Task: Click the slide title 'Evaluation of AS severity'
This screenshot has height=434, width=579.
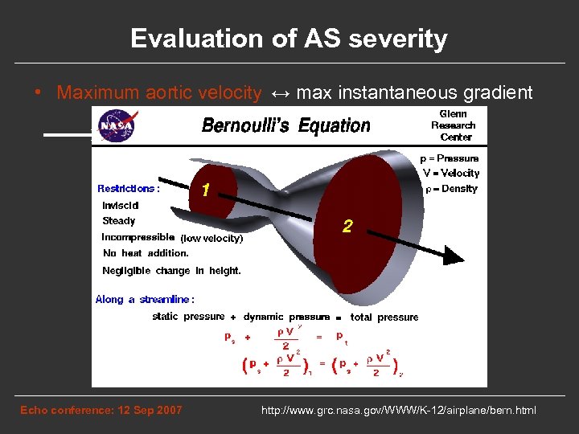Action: click(289, 39)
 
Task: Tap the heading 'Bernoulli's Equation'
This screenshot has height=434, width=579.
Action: click(285, 125)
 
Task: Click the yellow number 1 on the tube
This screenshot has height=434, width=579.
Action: click(207, 191)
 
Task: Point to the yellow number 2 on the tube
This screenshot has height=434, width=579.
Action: click(347, 227)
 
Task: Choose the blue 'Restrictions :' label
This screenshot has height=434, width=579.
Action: click(129, 188)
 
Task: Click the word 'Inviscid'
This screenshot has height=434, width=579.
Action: click(121, 205)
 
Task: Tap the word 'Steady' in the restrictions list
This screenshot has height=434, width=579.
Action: click(119, 221)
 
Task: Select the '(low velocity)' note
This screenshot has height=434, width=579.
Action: click(211, 238)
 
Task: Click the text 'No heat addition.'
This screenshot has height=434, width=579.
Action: click(146, 253)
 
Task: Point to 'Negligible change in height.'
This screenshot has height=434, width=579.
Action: click(171, 271)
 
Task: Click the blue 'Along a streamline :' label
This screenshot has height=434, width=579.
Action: click(145, 300)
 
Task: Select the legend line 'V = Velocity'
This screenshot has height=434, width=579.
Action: click(450, 173)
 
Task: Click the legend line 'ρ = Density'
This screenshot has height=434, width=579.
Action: click(450, 189)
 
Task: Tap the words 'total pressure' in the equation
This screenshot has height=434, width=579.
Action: click(384, 317)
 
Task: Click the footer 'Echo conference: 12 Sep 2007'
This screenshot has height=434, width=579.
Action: click(101, 411)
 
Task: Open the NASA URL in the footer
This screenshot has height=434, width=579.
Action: click(398, 411)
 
